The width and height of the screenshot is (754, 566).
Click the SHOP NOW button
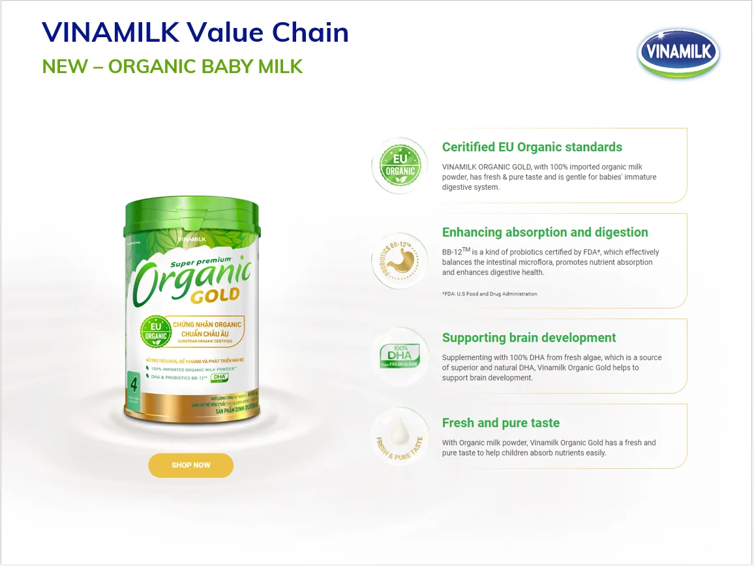pos(190,465)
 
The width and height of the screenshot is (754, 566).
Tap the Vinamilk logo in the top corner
pos(678,52)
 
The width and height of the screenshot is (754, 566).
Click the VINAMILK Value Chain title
pos(195,32)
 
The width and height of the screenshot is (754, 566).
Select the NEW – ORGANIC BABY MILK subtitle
pos(173,67)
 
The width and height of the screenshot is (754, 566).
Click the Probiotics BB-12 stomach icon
pos(400,260)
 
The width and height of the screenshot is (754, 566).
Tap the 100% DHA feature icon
pos(400,356)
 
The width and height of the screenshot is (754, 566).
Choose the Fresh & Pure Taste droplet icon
pos(400,436)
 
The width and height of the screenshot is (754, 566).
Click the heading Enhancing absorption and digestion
pos(545,232)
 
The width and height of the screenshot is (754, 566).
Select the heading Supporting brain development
pos(528,338)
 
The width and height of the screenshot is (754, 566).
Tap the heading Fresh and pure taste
pos(500,423)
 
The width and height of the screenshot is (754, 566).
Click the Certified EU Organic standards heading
pos(532,147)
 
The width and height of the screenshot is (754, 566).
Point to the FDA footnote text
pos(489,294)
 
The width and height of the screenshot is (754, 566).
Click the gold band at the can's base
pos(192,408)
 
